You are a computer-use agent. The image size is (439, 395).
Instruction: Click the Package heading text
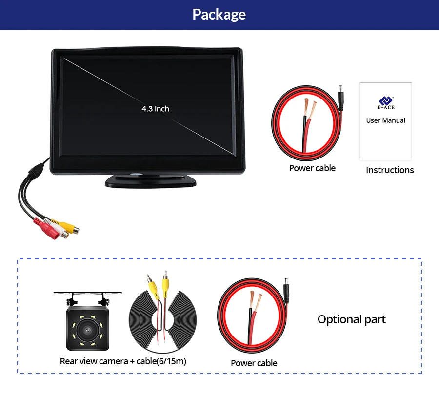(219, 15)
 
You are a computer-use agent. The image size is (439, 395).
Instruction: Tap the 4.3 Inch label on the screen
(156, 109)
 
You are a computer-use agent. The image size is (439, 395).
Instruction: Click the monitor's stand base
(150, 181)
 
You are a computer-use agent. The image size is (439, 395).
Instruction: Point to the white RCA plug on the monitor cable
(57, 230)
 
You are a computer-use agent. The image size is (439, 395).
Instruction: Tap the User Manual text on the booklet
(386, 120)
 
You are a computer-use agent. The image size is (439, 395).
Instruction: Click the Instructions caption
(390, 170)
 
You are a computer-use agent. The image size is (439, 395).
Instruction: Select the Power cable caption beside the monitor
(312, 168)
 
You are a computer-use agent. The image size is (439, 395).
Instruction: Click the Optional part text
(351, 319)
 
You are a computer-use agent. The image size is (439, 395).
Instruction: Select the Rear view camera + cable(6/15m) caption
(123, 361)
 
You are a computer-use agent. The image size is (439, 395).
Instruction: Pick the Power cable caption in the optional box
(254, 363)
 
